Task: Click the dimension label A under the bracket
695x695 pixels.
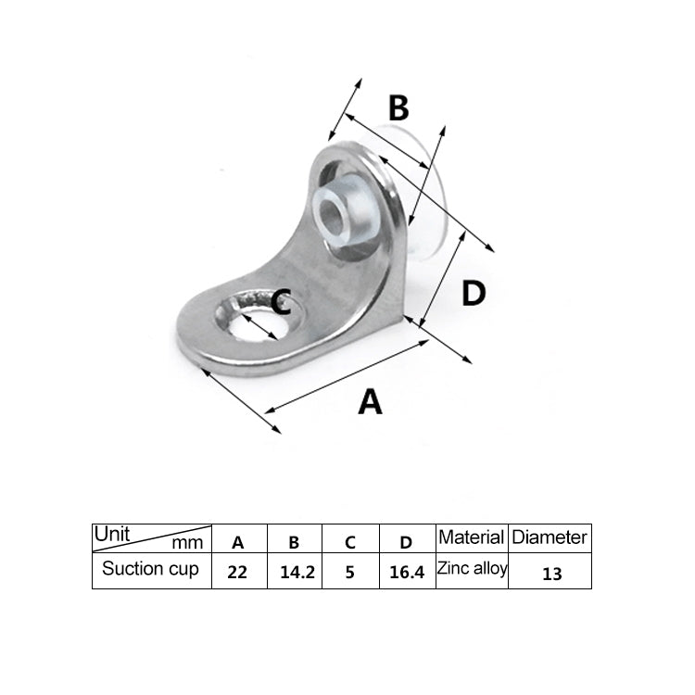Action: tap(370, 402)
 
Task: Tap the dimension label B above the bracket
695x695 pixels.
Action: tap(398, 108)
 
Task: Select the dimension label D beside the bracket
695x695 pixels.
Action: tap(474, 295)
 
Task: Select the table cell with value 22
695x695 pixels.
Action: tap(237, 572)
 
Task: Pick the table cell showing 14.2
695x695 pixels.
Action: tap(297, 572)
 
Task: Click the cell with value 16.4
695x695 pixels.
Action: tap(406, 572)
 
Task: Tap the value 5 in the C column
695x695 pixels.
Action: tap(349, 572)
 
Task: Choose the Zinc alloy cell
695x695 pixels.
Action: tap(472, 569)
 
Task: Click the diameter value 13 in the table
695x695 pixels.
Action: tap(551, 573)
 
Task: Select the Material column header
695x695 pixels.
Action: tap(471, 537)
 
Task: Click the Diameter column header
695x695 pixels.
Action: tap(550, 537)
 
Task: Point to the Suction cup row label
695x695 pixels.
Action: tap(150, 569)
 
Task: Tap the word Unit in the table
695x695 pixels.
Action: tap(111, 535)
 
